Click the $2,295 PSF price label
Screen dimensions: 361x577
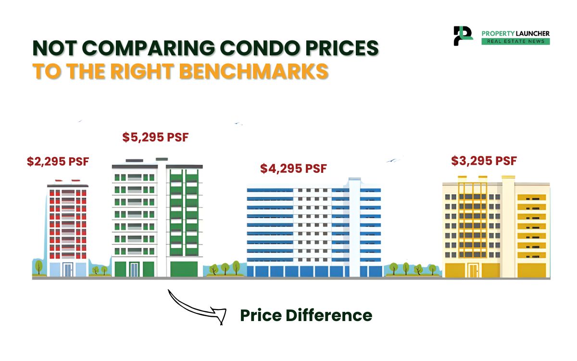click(58, 162)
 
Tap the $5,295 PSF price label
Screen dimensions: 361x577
click(155, 138)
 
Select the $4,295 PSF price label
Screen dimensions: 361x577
click(293, 169)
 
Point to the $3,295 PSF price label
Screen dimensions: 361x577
click(484, 161)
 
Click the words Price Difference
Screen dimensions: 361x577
click(306, 316)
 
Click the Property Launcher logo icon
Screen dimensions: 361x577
click(463, 36)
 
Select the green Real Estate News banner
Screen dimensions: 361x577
click(515, 42)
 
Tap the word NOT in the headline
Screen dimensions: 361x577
click(54, 49)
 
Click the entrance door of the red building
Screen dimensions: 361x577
click(67, 270)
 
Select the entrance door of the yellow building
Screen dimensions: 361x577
click(474, 271)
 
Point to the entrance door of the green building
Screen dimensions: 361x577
click(134, 269)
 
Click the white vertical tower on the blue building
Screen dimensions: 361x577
click(354, 226)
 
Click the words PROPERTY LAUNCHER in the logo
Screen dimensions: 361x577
click(515, 33)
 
